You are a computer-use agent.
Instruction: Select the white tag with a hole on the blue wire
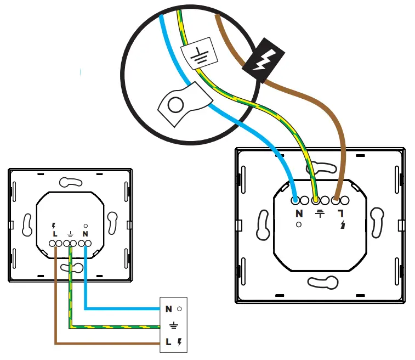(x=181, y=101)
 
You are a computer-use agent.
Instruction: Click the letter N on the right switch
(x=299, y=213)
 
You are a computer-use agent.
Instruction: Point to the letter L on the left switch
(x=55, y=234)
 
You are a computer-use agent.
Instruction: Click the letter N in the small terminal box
(x=168, y=309)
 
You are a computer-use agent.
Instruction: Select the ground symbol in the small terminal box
(x=174, y=326)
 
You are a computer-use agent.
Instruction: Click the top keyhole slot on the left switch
(x=70, y=182)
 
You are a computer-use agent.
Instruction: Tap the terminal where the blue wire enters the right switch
(x=295, y=200)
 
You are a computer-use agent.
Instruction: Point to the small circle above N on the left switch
(x=86, y=226)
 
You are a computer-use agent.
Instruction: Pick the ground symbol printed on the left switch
(x=70, y=234)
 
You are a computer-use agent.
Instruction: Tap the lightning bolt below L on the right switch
(x=342, y=224)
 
